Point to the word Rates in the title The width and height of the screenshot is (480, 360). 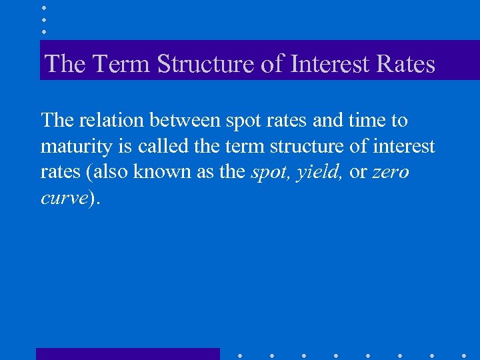pos(405,65)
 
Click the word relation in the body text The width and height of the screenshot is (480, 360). pos(112,121)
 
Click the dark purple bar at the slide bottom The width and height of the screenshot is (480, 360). pos(127,354)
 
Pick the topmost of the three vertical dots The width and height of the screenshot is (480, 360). pos(43,7)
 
